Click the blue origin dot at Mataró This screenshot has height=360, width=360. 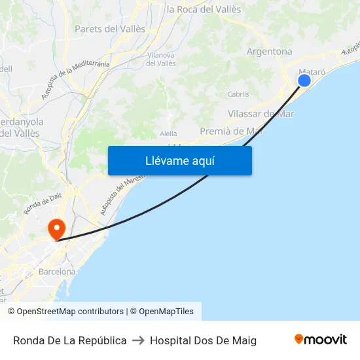[x=304, y=80]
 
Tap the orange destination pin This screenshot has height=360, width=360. [x=57, y=228]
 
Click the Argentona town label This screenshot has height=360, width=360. [x=269, y=51]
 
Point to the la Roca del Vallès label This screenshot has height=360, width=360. [x=204, y=9]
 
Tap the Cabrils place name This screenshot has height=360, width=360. [x=238, y=94]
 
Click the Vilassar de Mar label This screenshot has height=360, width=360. [x=261, y=114]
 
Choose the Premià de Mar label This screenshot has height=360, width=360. [x=231, y=131]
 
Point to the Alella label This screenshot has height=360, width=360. [x=168, y=134]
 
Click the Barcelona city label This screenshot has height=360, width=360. [x=57, y=272]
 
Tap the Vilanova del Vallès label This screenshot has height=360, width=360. [x=160, y=59]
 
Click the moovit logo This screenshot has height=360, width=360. [x=320, y=339]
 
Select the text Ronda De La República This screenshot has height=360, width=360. [x=70, y=340]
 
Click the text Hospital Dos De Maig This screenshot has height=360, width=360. [x=203, y=340]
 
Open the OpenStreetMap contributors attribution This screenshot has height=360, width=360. [x=70, y=312]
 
